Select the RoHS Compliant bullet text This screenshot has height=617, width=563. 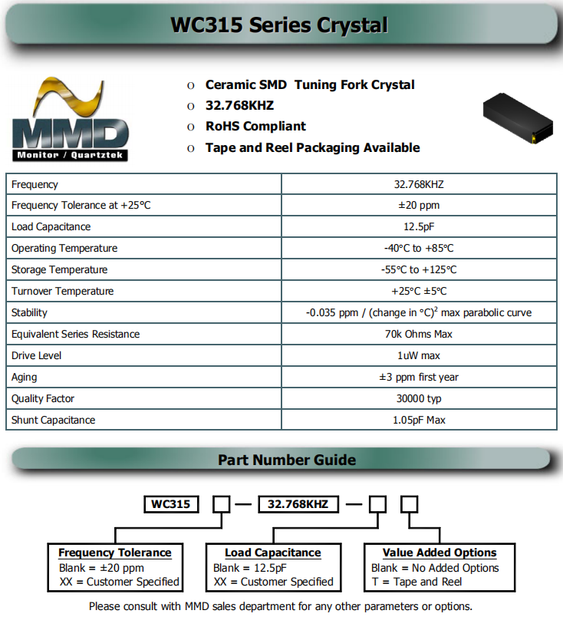point(255,126)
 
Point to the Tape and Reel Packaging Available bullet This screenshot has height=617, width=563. point(312,147)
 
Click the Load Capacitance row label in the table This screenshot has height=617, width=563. point(51,226)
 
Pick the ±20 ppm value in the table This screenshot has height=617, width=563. point(419,205)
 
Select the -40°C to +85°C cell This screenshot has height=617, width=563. point(419,248)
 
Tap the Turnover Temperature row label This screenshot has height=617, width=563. point(62,291)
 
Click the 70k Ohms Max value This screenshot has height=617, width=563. point(419,334)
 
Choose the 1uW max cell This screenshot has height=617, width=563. point(419,355)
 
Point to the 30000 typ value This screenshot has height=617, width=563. point(419,398)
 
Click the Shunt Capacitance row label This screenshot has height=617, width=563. point(53,420)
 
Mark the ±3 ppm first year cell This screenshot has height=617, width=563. point(419,377)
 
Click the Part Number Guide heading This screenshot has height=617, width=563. point(287,460)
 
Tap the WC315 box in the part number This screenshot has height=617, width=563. point(171,504)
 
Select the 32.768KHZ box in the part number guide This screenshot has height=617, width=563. point(298,504)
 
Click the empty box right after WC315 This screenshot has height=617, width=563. point(221,504)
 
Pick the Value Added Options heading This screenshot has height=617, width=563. point(440,553)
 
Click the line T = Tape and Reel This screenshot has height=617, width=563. point(416,582)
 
